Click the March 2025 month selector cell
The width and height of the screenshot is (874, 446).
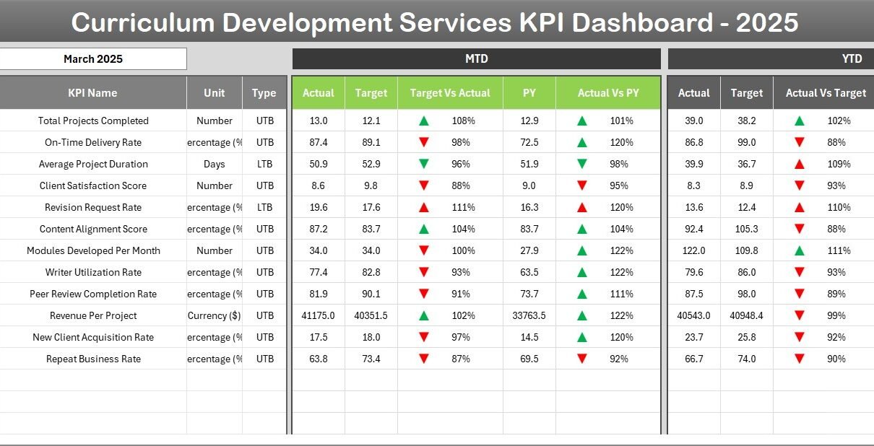point(93,59)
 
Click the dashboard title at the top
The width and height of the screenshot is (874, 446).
point(435,23)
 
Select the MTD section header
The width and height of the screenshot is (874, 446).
point(476,59)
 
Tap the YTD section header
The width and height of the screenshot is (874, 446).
point(852,59)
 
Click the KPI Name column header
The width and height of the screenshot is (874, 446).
point(92,93)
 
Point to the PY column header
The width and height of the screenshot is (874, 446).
point(529,93)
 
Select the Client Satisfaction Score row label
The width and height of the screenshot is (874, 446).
point(92,185)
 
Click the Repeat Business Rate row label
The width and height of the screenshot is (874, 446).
point(93,359)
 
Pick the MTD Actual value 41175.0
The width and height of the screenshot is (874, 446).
point(318,315)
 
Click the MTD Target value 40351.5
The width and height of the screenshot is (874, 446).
point(371,315)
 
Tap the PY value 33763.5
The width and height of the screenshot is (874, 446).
point(529,315)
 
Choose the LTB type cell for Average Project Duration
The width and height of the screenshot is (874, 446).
point(264,164)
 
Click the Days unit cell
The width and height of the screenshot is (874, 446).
point(215,164)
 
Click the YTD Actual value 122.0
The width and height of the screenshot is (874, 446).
point(693,250)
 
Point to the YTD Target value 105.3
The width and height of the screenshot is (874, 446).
point(746,229)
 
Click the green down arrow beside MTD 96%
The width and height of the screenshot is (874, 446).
point(424,164)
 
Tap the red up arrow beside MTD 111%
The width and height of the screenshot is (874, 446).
point(424,207)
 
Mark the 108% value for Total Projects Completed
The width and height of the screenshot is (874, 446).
point(463,121)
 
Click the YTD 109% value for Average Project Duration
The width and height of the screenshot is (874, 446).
point(839,164)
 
